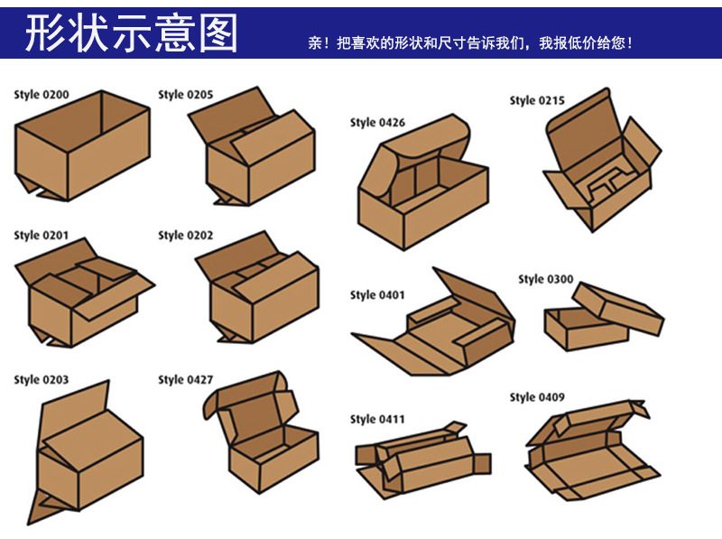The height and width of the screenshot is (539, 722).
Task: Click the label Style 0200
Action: click(x=41, y=94)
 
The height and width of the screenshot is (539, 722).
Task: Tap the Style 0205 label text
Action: click(x=185, y=94)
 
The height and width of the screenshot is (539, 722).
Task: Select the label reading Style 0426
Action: click(x=377, y=123)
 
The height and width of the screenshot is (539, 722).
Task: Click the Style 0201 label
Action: click(x=41, y=236)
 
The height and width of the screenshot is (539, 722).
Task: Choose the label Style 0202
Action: click(x=185, y=236)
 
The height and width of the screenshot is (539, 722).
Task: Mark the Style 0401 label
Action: click(x=377, y=295)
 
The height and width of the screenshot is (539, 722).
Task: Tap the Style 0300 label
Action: click(x=545, y=279)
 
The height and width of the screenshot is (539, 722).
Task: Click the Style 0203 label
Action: click(x=41, y=380)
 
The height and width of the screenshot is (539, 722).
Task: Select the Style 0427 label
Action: click(x=185, y=380)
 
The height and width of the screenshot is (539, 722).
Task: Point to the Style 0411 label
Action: click(x=377, y=419)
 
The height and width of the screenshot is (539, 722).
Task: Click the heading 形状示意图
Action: click(x=131, y=33)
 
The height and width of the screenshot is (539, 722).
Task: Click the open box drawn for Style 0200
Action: click(x=81, y=149)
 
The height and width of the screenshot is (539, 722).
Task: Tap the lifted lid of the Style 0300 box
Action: click(x=618, y=307)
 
